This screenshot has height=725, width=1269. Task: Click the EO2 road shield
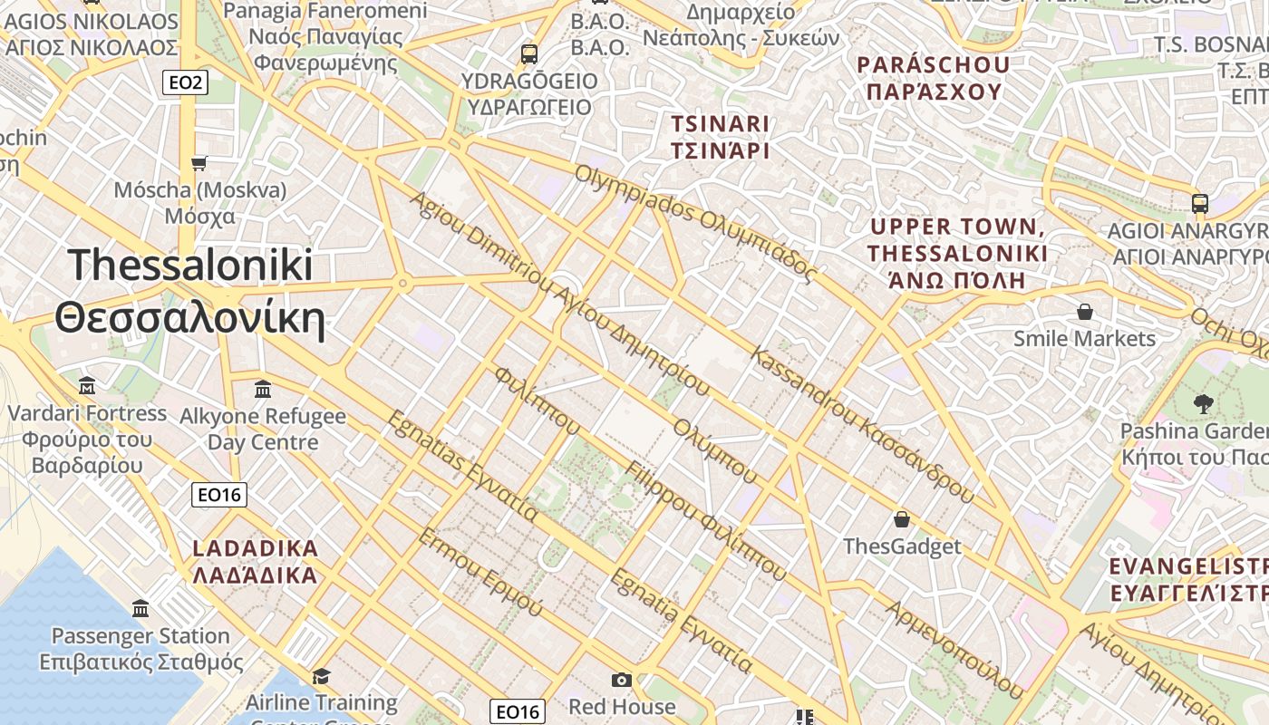(186, 83)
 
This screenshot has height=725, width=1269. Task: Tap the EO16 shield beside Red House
(518, 711)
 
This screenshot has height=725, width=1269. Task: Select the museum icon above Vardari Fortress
(87, 385)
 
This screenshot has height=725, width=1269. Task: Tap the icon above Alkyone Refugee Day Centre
(263, 389)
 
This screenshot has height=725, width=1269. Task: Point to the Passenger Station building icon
(140, 608)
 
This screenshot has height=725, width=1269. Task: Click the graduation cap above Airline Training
(321, 676)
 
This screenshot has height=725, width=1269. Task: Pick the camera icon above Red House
(622, 680)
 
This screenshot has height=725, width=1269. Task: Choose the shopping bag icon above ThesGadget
(901, 519)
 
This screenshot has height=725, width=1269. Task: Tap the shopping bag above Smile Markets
(1084, 312)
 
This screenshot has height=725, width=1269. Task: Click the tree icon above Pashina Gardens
(1203, 403)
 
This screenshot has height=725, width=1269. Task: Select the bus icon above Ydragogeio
(529, 53)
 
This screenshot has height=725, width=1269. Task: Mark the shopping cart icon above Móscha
(199, 163)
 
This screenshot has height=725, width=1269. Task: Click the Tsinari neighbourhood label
(720, 137)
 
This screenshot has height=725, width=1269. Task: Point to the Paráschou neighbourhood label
(934, 78)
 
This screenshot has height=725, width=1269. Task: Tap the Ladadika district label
(256, 561)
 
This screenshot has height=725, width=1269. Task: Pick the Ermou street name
(480, 572)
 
